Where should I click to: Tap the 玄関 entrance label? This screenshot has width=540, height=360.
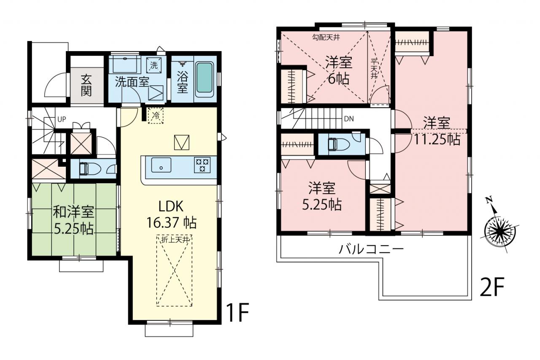coord(86,85)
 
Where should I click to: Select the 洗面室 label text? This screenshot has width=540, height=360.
coord(132,82)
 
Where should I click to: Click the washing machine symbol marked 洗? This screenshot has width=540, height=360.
coord(154,65)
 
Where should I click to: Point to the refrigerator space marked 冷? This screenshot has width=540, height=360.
coord(156,116)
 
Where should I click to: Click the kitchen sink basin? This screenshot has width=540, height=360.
coord(161,165)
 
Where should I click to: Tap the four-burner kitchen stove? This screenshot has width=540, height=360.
coord(202,165)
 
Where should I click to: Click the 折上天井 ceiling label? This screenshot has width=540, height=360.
coord(175,240)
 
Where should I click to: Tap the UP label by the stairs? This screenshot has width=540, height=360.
coord(62,119)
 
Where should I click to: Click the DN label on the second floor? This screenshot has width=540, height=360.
coord(349,119)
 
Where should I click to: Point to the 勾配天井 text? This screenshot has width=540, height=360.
coord(326,38)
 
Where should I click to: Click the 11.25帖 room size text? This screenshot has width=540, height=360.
coord(437,139)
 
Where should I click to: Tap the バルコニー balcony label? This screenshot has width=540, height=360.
coord(371,249)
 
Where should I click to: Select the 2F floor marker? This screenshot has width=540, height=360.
coord(492,287)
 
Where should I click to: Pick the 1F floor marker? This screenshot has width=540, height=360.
coord(238,312)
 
